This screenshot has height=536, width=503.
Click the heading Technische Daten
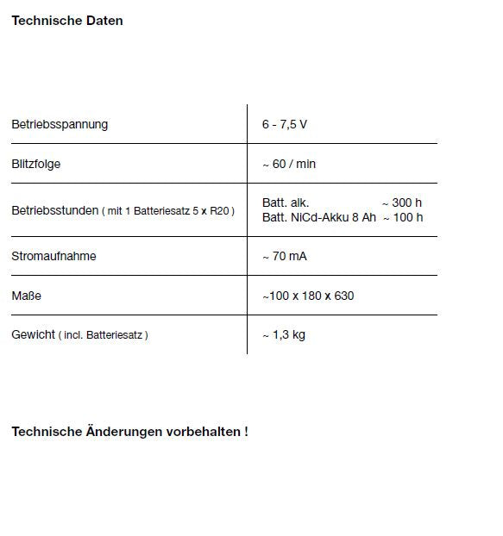tap(66, 20)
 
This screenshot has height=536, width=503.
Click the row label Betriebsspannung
tap(60, 125)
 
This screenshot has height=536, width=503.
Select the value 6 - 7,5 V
tap(284, 125)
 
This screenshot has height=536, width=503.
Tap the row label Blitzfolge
tap(36, 164)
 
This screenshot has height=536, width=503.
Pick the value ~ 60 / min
tap(289, 164)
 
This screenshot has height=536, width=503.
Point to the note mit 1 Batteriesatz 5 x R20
tap(168, 211)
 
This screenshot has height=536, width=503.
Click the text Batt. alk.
tap(286, 203)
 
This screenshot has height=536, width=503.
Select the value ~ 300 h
tap(402, 203)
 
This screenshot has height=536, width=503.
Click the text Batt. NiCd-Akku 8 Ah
tap(319, 217)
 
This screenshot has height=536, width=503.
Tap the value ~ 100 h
tap(402, 217)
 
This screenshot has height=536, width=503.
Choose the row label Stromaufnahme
tap(53, 256)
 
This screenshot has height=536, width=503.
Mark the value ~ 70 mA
tap(285, 256)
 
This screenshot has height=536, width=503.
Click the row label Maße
tap(26, 296)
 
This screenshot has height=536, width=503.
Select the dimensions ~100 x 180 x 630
tap(308, 296)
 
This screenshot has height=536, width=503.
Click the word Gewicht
tap(33, 334)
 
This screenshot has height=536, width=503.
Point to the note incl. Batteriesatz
tap(104, 335)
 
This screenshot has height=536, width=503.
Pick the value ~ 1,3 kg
tap(284, 334)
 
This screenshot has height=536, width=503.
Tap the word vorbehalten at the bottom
tap(203, 431)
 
